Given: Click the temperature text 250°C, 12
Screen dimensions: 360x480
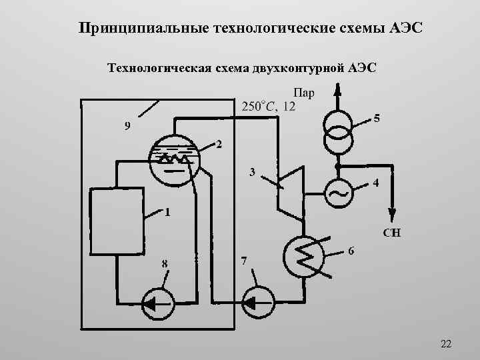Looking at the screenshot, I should (x=269, y=106).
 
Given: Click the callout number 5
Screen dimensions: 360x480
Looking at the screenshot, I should (x=377, y=119).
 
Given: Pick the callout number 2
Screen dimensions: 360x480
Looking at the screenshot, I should (x=219, y=145).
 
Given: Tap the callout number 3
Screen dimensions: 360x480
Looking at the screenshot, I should (x=253, y=172).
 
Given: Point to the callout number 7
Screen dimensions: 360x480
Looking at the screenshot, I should (x=244, y=261).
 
